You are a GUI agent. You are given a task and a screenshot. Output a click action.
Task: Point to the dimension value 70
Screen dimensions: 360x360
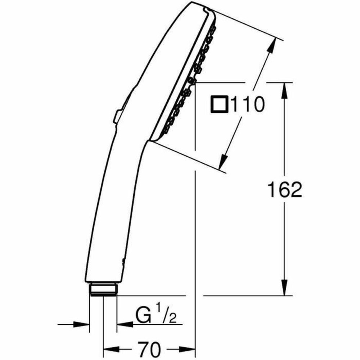pos(149,349)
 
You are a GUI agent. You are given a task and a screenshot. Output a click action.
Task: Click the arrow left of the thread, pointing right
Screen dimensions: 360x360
pos(82,324)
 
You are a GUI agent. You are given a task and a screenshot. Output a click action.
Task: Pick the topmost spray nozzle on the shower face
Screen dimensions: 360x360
pos(214,28)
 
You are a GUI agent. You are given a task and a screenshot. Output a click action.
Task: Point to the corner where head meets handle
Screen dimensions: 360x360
pos(149,141)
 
